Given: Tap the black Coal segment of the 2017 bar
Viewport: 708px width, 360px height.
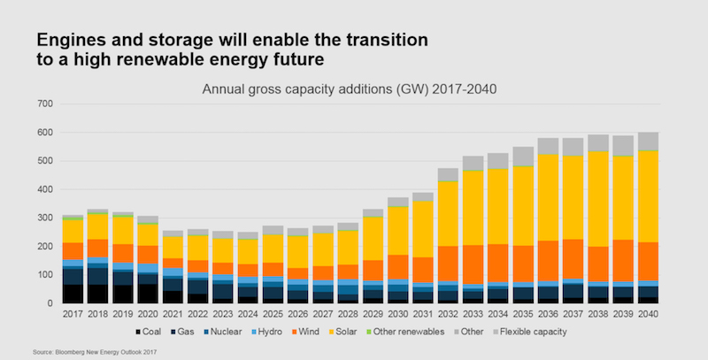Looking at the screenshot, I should [x=72, y=295].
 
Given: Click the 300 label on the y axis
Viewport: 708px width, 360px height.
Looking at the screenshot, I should [x=42, y=218].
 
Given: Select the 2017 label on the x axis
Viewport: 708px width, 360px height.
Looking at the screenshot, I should [x=72, y=314].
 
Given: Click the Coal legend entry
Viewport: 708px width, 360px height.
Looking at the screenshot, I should [x=150, y=333].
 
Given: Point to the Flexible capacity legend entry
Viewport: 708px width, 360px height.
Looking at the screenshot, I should [x=566, y=333].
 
